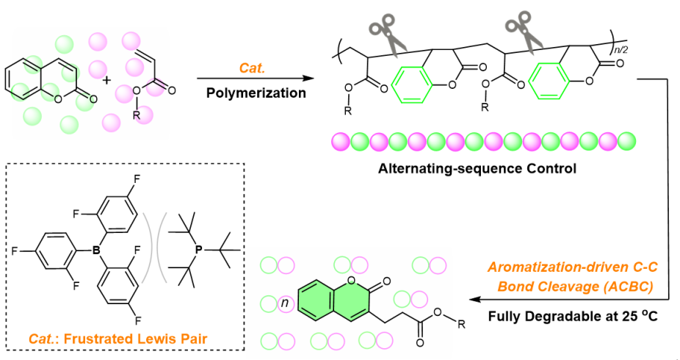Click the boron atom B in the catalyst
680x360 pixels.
[x=95, y=252]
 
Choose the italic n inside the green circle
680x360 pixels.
[x=283, y=303]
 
